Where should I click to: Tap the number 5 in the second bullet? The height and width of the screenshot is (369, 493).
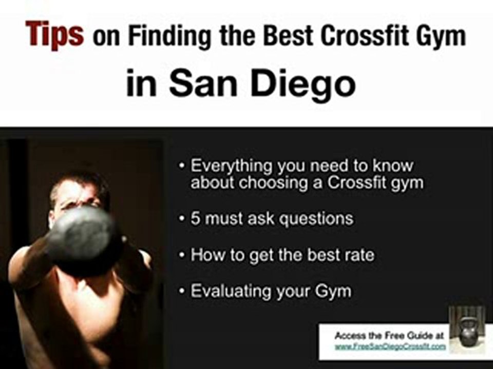click(x=195, y=219)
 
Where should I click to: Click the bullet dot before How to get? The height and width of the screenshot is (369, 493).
click(x=183, y=255)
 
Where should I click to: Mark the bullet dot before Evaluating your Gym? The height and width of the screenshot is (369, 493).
click(x=183, y=291)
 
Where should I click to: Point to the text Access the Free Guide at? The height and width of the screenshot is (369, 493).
click(x=389, y=336)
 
